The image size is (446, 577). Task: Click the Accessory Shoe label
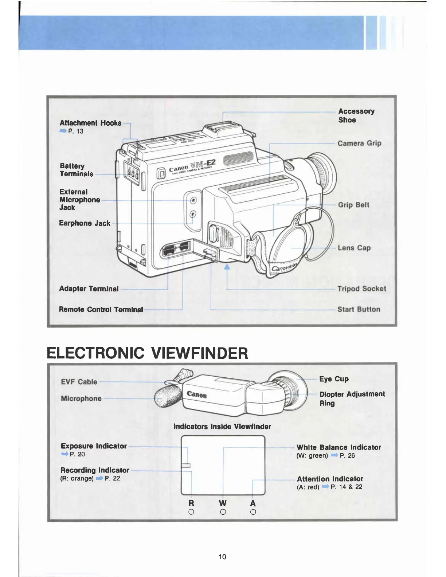pyautogui.click(x=356, y=115)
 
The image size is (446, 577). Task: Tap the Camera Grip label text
pyautogui.click(x=359, y=143)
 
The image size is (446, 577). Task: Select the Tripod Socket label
pyautogui.click(x=361, y=289)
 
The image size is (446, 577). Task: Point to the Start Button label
pyautogui.click(x=359, y=309)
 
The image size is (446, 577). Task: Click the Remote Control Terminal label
pyautogui.click(x=101, y=310)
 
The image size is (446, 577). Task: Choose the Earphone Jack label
pyautogui.click(x=85, y=223)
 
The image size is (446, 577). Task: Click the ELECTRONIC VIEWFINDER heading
pyautogui.click(x=148, y=353)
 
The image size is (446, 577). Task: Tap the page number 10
pyautogui.click(x=222, y=557)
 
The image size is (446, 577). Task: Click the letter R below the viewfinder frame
pyautogui.click(x=191, y=503)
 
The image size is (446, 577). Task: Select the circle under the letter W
pyautogui.click(x=223, y=512)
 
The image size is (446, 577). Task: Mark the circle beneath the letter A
pyautogui.click(x=253, y=512)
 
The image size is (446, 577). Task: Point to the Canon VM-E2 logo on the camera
pyautogui.click(x=192, y=168)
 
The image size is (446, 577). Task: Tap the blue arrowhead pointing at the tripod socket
pyautogui.click(x=227, y=267)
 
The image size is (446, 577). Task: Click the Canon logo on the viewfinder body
pyautogui.click(x=197, y=395)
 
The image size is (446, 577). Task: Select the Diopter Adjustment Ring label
pyautogui.click(x=352, y=399)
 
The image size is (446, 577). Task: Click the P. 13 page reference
pyautogui.click(x=75, y=131)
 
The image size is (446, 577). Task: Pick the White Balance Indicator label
pyautogui.click(x=339, y=447)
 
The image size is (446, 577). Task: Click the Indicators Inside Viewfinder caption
pyautogui.click(x=222, y=427)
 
